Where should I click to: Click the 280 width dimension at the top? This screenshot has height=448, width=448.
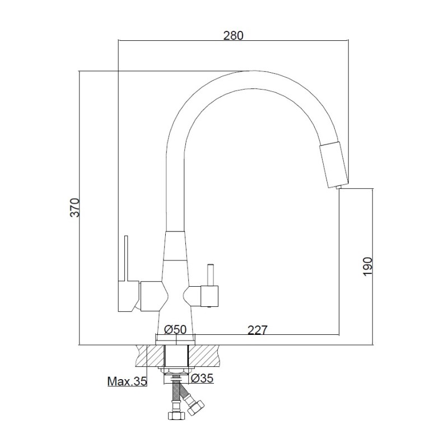233,35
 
